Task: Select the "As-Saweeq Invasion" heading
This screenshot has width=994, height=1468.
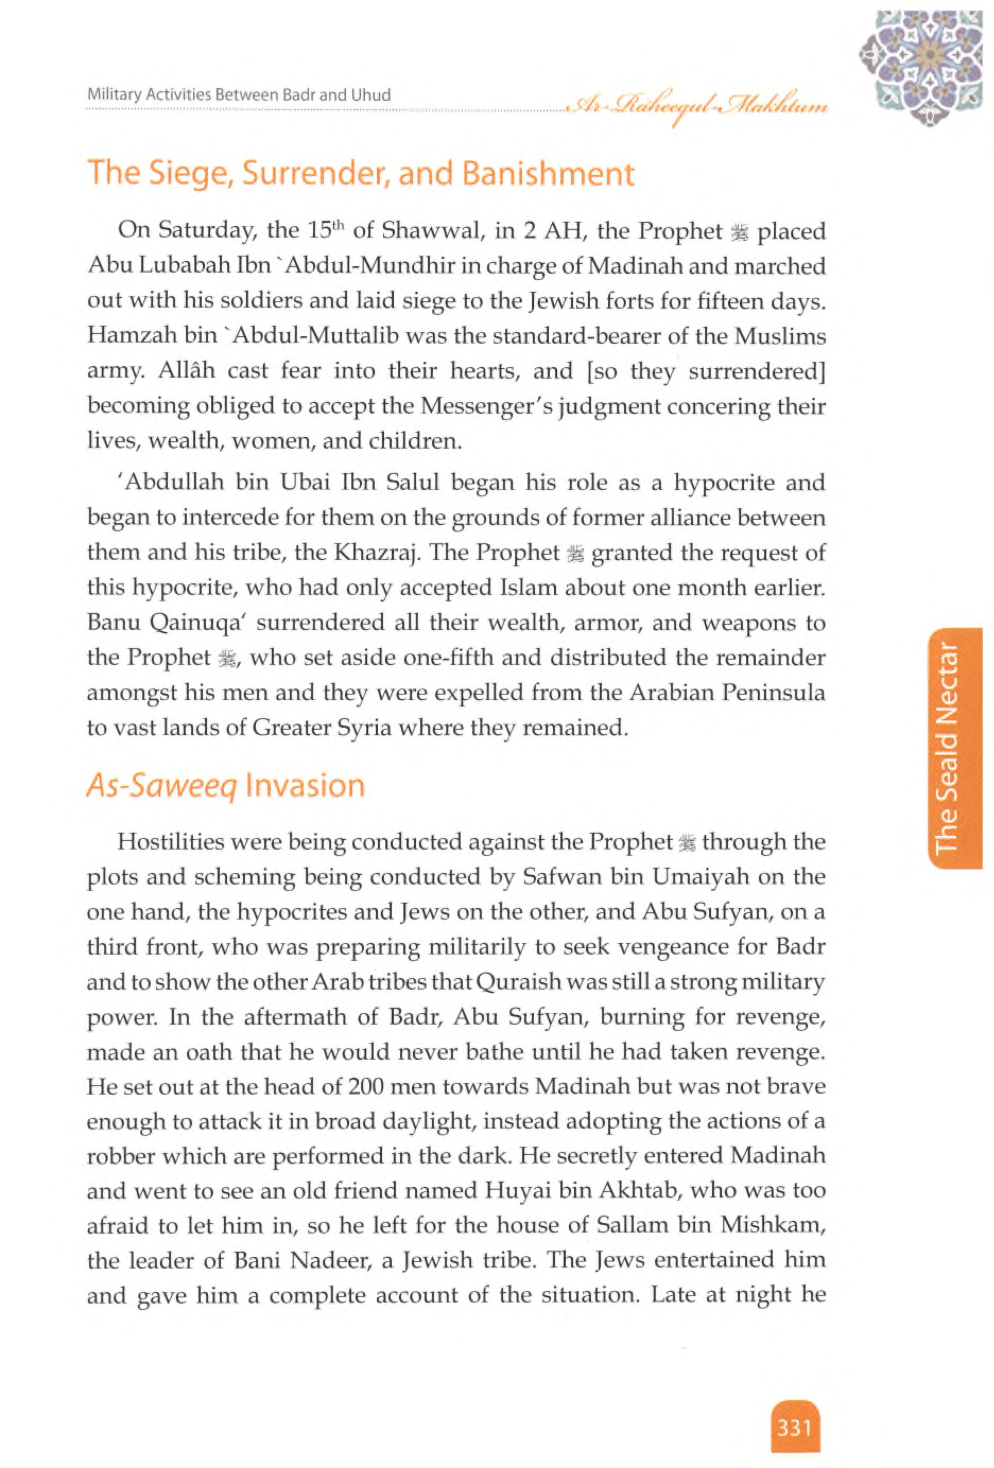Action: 226,786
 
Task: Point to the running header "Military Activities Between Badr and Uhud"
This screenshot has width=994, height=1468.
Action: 239,95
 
